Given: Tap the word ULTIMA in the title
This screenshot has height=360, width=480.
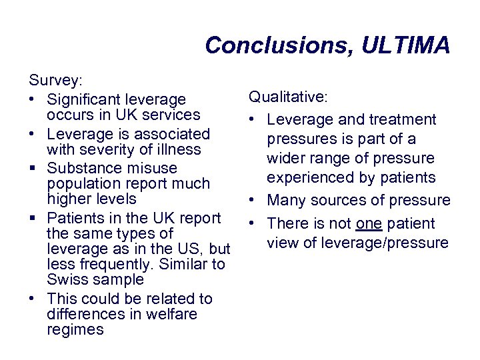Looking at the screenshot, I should coord(406,45).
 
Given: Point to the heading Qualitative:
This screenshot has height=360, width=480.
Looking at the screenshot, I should coord(288,97).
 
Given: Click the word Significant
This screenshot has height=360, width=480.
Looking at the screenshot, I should coord(87,100).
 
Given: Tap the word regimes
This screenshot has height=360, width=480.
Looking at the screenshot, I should coord(75,329).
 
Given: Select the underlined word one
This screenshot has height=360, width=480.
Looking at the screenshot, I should coord(368,223).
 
